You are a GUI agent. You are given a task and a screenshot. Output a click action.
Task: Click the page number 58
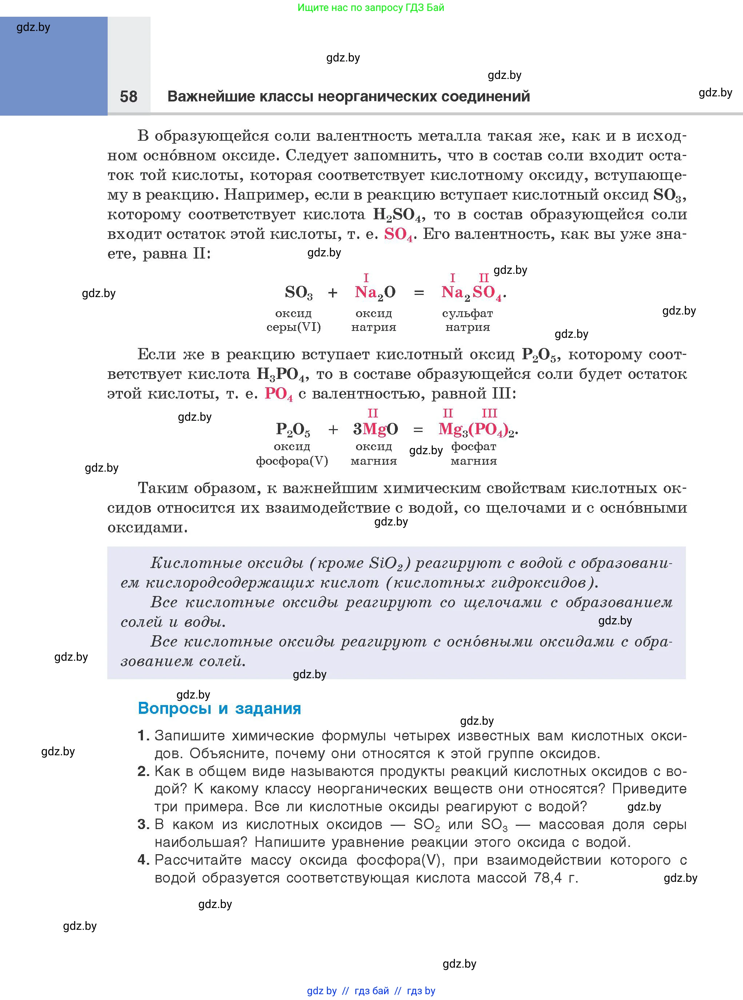pyautogui.click(x=129, y=96)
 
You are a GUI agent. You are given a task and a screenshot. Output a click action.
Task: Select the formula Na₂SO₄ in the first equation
pyautogui.click(x=472, y=293)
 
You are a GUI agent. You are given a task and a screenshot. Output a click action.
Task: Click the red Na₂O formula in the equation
pyautogui.click(x=375, y=293)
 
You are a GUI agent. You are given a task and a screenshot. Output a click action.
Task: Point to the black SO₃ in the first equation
pyautogui.click(x=299, y=293)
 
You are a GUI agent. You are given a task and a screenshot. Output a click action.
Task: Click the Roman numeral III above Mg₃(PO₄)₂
pyautogui.click(x=490, y=413)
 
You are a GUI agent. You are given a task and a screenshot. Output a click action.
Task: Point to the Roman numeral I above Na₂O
pyautogui.click(x=366, y=278)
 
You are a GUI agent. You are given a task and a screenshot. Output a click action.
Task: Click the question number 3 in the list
pyautogui.click(x=143, y=824)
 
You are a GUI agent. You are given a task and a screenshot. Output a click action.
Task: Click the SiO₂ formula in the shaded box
pyautogui.click(x=386, y=563)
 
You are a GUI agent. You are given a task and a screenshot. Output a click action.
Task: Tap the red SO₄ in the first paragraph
pyautogui.click(x=398, y=234)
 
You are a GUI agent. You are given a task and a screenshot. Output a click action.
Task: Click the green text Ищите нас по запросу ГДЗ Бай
pyautogui.click(x=371, y=8)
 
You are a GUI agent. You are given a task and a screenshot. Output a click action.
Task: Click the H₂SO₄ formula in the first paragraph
pyautogui.click(x=399, y=215)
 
